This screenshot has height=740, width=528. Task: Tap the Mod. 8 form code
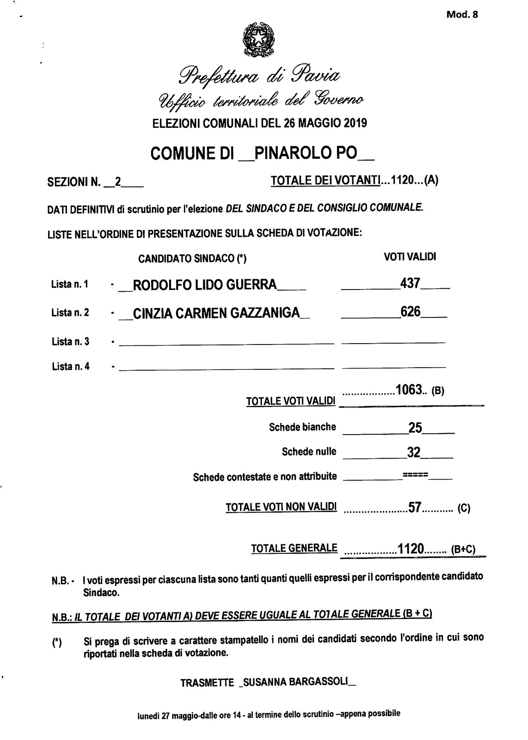coord(462,15)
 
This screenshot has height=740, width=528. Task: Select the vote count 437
coord(410,283)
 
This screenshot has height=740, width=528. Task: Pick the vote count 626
coord(410,311)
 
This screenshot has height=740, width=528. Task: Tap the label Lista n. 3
coord(70,342)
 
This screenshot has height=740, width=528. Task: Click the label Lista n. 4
coord(70,367)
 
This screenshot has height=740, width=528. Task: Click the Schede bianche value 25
coord(415,428)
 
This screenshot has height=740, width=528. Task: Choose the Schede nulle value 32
coord(413,453)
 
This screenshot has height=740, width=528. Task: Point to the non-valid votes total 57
coord(414,508)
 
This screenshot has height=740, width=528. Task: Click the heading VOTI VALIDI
coord(410,257)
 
